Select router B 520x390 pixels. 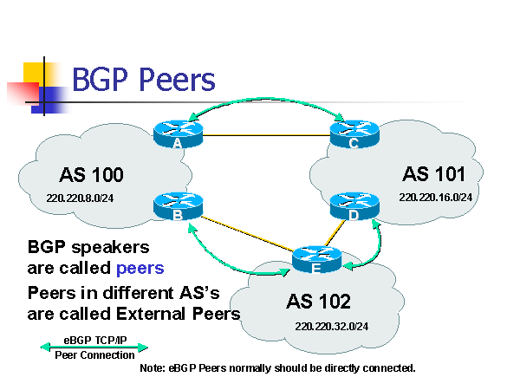tap(177, 205)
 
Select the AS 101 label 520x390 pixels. tap(434, 172)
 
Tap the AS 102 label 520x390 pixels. tap(319, 302)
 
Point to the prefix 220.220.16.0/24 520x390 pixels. tap(435, 198)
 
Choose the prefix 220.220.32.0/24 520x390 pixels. tap(331, 328)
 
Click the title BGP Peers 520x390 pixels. tap(142, 81)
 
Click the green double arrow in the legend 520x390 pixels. tap(94, 348)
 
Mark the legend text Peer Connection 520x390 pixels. tap(94, 355)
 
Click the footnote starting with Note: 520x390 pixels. tap(277, 368)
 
